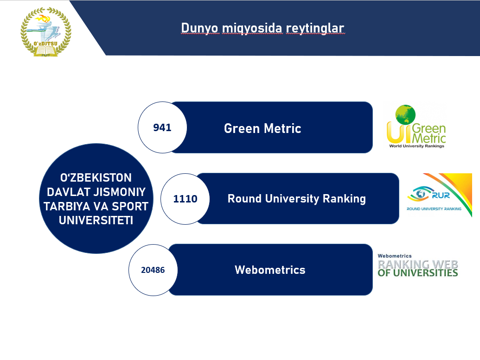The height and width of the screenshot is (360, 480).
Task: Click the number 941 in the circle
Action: (x=162, y=127)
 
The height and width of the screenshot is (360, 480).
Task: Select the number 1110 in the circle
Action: (x=185, y=199)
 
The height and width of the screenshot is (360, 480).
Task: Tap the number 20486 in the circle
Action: (x=153, y=270)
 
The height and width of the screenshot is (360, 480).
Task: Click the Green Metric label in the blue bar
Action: (x=262, y=128)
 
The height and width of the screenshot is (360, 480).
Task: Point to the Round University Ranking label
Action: (x=297, y=199)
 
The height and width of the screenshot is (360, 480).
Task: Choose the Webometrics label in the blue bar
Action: (x=270, y=270)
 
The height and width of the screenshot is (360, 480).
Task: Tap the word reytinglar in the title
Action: (x=315, y=28)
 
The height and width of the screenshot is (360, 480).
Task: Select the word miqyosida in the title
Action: (x=252, y=28)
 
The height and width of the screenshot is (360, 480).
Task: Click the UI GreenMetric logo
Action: (x=416, y=126)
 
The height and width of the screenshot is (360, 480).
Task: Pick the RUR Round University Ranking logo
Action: (x=439, y=195)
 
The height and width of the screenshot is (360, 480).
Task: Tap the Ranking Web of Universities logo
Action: (x=417, y=265)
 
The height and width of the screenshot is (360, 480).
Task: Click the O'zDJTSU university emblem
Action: (x=46, y=32)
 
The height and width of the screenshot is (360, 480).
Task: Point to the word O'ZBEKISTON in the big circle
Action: (x=96, y=178)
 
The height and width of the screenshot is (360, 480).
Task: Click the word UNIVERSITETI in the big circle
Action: (x=96, y=220)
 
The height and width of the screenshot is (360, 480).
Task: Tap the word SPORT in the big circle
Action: (x=130, y=207)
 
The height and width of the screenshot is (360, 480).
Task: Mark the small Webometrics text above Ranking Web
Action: (x=395, y=256)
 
